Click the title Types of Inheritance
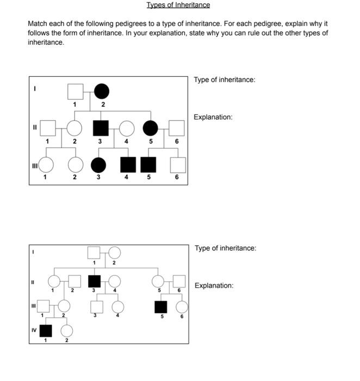[178, 5]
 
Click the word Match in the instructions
[38, 24]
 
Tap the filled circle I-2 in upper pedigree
[102, 91]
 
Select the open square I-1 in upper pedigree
[75, 91]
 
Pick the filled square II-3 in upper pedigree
[100, 128]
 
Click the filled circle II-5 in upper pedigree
[151, 128]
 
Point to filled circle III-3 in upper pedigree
[98, 164]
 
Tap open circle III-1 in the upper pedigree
[45, 164]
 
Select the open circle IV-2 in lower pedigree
[67, 330]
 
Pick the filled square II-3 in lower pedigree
[94, 281]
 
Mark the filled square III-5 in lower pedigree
[160, 306]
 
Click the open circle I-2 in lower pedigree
[114, 252]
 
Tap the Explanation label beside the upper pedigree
[213, 117]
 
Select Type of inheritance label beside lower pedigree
[225, 248]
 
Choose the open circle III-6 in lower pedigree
[182, 306]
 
